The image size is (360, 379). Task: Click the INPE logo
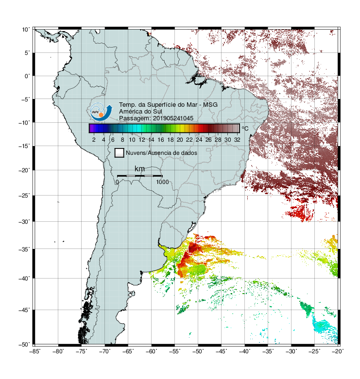tap(101, 112)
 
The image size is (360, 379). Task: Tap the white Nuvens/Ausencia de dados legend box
tap(120, 153)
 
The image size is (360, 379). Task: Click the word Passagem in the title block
tap(134, 118)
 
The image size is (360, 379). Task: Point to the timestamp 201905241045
tap(173, 118)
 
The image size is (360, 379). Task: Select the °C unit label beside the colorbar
tap(245, 128)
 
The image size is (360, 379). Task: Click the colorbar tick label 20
tap(180, 140)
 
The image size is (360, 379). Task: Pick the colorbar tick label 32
tap(237, 140)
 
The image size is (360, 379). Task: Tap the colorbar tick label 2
tap(94, 140)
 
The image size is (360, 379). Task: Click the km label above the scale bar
tap(139, 168)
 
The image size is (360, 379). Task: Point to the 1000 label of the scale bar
tap(162, 182)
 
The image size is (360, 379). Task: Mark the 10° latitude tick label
tap(26, 30)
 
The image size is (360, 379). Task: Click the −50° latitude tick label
tap(24, 345)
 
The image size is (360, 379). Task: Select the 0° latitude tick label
tap(27, 76)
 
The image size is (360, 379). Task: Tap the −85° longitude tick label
tap(34, 351)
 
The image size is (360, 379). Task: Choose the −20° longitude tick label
tap(338, 351)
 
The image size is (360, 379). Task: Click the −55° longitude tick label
tap(174, 351)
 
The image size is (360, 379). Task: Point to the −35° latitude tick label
tap(24, 249)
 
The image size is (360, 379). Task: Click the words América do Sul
tap(140, 112)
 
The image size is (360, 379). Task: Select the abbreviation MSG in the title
tap(210, 105)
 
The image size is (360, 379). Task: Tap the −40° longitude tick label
tap(244, 351)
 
